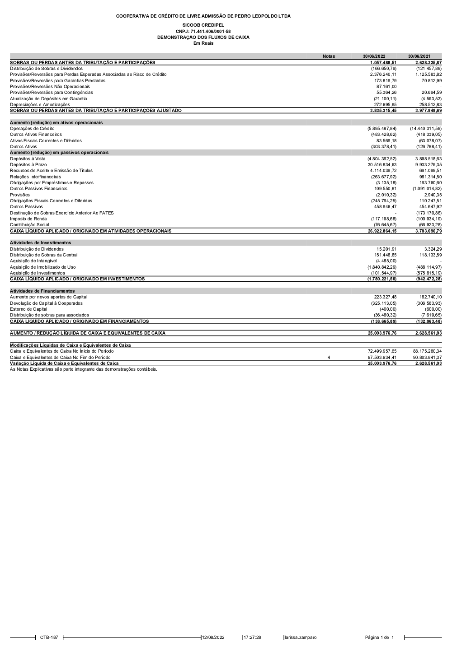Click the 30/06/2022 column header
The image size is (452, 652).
tap(374, 56)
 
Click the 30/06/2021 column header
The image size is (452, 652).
tap(419, 56)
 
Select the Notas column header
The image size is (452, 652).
tap(329, 56)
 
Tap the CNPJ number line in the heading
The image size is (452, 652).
tap(203, 32)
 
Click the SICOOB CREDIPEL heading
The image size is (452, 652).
tap(203, 25)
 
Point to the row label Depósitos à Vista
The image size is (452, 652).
tap(28, 159)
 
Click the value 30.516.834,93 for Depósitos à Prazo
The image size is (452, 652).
tap(382, 165)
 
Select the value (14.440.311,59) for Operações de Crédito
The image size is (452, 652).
tap(425, 129)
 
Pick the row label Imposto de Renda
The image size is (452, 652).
tap(28, 219)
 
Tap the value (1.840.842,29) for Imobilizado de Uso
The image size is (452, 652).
tap(382, 267)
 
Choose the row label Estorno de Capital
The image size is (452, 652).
tap(28, 309)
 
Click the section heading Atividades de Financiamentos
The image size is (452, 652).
tap(42, 291)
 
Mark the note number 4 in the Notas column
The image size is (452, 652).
tap(329, 358)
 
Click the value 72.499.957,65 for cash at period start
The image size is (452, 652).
tap(382, 351)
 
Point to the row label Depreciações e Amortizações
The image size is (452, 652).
tap(40, 105)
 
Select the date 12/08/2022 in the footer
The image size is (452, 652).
tap(213, 638)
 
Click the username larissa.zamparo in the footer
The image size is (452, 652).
tap(301, 638)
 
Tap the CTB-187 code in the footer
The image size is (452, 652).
tap(49, 638)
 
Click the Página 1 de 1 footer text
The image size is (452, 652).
tap(379, 638)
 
